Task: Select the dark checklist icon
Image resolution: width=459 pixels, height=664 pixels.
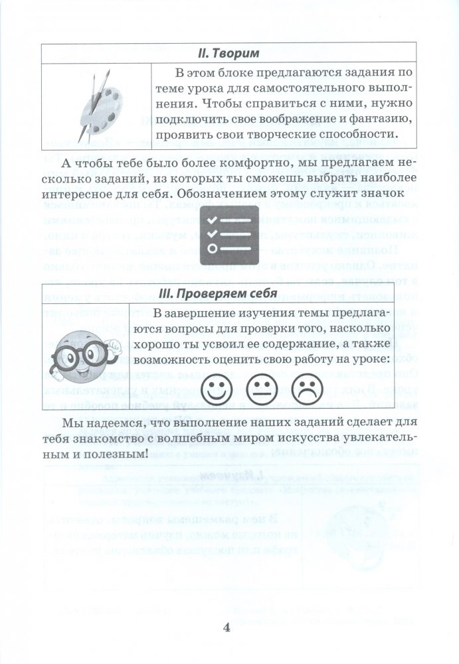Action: click(x=230, y=234)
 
